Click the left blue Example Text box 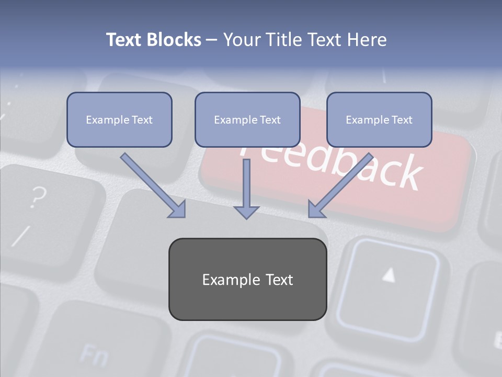coord(119,119)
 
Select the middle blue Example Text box coord(247,119)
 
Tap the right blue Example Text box coord(379,119)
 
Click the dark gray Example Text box coord(247,279)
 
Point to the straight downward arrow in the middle coord(246,188)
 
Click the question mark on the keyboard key coord(37,197)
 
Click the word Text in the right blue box coord(402,120)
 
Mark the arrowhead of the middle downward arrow coord(246,211)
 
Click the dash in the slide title coord(212,40)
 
